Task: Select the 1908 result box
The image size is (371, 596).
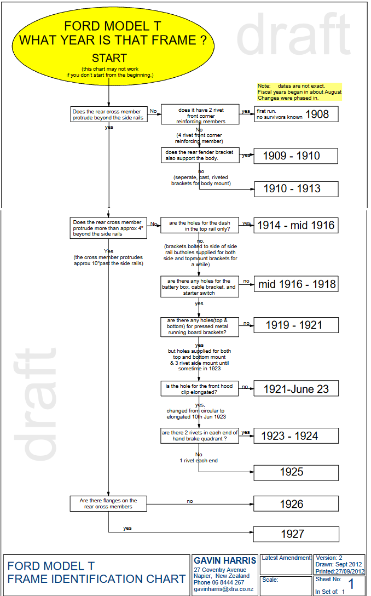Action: coord(296,114)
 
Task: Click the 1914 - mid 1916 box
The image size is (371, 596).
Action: coord(295,225)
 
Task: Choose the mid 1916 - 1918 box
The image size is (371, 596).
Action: coord(295,284)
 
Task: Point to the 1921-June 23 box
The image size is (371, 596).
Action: coord(295,389)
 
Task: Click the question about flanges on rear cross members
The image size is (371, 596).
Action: coord(109,503)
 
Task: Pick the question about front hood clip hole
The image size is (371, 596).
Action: coord(200,389)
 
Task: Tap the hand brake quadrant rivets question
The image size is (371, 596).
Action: coord(200,435)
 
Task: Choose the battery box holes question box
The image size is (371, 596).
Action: coord(200,286)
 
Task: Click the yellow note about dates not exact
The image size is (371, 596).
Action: coord(299,92)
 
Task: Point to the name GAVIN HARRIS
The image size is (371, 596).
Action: coord(225,560)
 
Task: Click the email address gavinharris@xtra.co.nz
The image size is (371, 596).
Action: coord(223,589)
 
